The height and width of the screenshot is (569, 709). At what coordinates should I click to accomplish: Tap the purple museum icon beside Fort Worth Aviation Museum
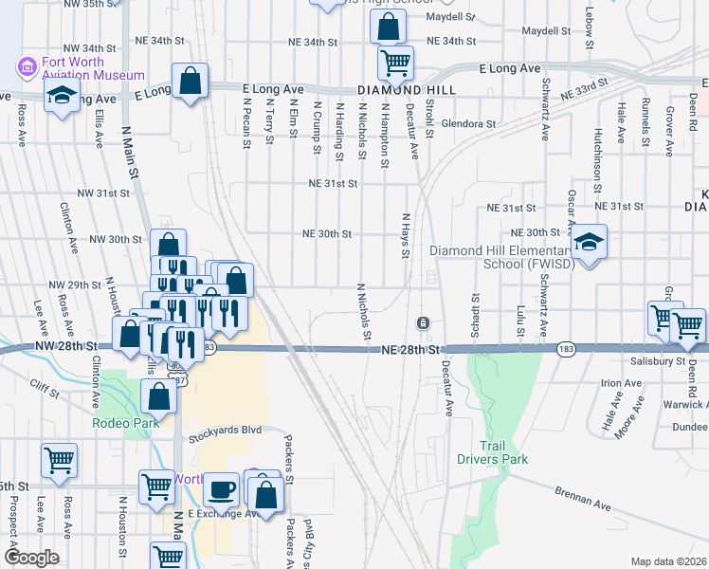(x=27, y=67)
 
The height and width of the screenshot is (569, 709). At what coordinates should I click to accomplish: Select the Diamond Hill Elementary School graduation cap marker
(x=589, y=244)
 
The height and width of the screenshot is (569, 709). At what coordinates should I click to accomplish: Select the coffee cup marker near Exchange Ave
(x=222, y=489)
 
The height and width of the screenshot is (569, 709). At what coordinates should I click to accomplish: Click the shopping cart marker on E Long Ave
(x=395, y=63)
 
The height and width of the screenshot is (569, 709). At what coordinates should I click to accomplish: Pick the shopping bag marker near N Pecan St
(x=191, y=82)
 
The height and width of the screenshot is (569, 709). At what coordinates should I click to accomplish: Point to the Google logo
(x=31, y=558)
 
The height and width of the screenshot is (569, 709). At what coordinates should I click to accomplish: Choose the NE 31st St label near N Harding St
(x=332, y=183)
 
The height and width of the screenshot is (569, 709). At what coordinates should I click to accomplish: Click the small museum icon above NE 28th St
(x=424, y=323)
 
